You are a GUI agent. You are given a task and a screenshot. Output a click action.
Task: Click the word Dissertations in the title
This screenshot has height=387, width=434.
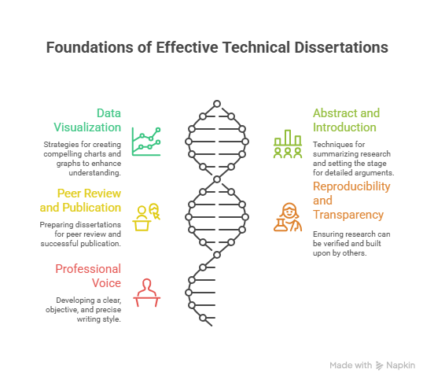[x=341, y=47]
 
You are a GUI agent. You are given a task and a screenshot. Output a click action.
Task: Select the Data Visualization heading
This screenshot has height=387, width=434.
[x=87, y=120]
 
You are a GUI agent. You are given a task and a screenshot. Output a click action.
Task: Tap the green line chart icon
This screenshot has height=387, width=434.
[x=146, y=142]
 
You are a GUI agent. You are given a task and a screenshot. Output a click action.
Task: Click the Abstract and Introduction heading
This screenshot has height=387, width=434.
[x=346, y=120]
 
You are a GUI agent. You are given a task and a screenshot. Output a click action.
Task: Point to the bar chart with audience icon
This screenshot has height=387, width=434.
[x=288, y=144]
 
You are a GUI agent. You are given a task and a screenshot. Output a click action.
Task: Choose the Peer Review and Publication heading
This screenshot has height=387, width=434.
[x=80, y=200]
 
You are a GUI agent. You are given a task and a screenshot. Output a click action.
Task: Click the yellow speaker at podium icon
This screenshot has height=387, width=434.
[x=146, y=217]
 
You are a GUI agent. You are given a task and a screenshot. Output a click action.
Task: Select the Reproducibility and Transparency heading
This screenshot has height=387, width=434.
[x=351, y=201]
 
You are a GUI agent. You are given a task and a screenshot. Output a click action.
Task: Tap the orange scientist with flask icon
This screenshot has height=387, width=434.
[x=288, y=217]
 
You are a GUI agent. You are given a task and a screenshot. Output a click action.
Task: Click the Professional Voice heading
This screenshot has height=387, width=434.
[x=88, y=276]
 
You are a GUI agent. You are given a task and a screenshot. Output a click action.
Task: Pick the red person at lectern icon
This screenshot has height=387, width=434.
[x=147, y=293]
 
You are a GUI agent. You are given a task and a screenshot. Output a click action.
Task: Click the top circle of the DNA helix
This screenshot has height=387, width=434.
[x=217, y=104]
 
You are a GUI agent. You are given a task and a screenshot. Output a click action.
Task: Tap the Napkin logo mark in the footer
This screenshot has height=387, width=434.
[x=379, y=366]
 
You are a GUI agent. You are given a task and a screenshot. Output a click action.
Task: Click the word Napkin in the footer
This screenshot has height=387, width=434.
[x=400, y=366]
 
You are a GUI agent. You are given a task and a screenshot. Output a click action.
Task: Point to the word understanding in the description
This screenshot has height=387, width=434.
[x=94, y=173]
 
